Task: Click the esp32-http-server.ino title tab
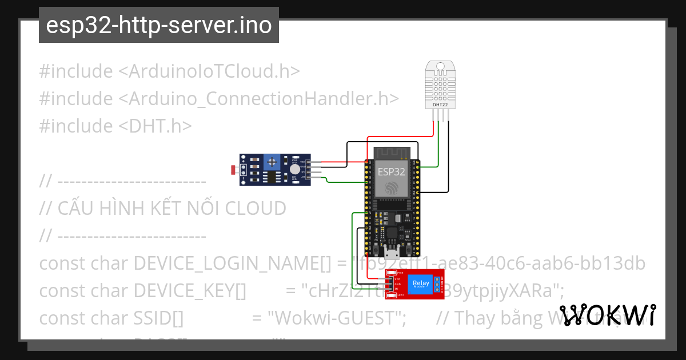(x=158, y=25)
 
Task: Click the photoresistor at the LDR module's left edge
(x=232, y=170)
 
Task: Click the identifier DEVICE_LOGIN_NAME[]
(x=232, y=263)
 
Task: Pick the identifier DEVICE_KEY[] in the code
(x=189, y=291)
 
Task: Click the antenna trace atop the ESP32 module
(x=392, y=152)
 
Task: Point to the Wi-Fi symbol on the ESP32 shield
(x=392, y=187)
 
